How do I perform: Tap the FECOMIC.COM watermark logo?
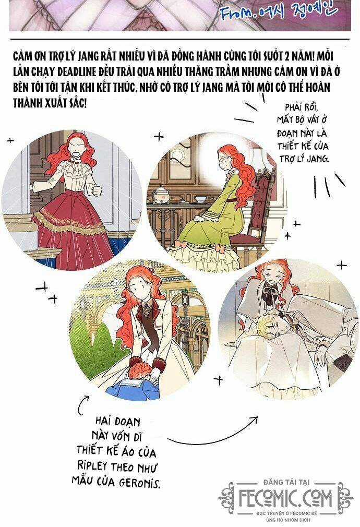click(285, 498)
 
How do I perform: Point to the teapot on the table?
click(162, 194)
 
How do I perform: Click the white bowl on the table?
click(201, 199)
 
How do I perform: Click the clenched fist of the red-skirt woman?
click(97, 191)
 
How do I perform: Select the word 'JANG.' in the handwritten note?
click(318, 158)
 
